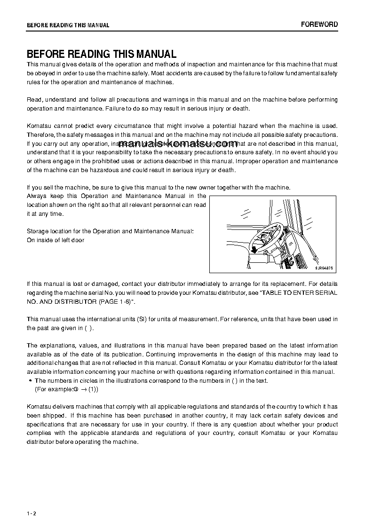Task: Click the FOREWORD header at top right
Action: (x=319, y=24)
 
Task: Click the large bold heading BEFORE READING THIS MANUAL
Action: (x=102, y=54)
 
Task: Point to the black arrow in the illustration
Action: (x=254, y=249)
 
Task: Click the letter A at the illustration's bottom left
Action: (x=249, y=267)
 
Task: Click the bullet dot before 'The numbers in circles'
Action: (x=31, y=381)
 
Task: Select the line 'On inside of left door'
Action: (x=56, y=240)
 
